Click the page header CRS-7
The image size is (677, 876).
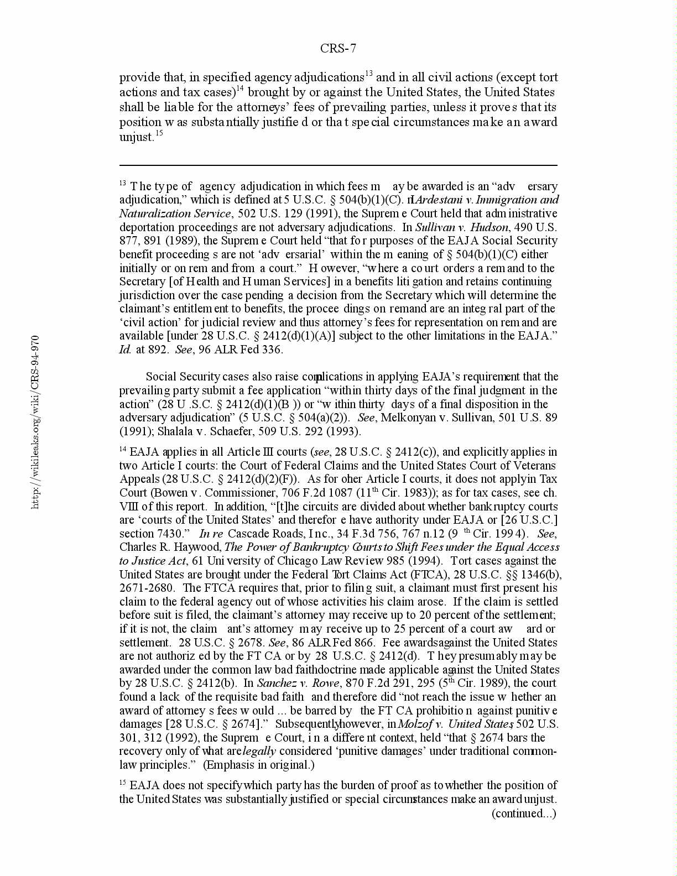pyautogui.click(x=338, y=49)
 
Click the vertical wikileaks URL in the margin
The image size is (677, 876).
pyautogui.click(x=35, y=421)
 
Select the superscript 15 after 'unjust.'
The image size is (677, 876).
pyautogui.click(x=159, y=133)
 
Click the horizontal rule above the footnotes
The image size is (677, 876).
pyautogui.click(x=338, y=165)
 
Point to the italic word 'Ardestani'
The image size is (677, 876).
pyautogui.click(x=438, y=200)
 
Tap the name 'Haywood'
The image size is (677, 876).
pyautogui.click(x=197, y=547)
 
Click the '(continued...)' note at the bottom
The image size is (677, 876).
pyautogui.click(x=524, y=813)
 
